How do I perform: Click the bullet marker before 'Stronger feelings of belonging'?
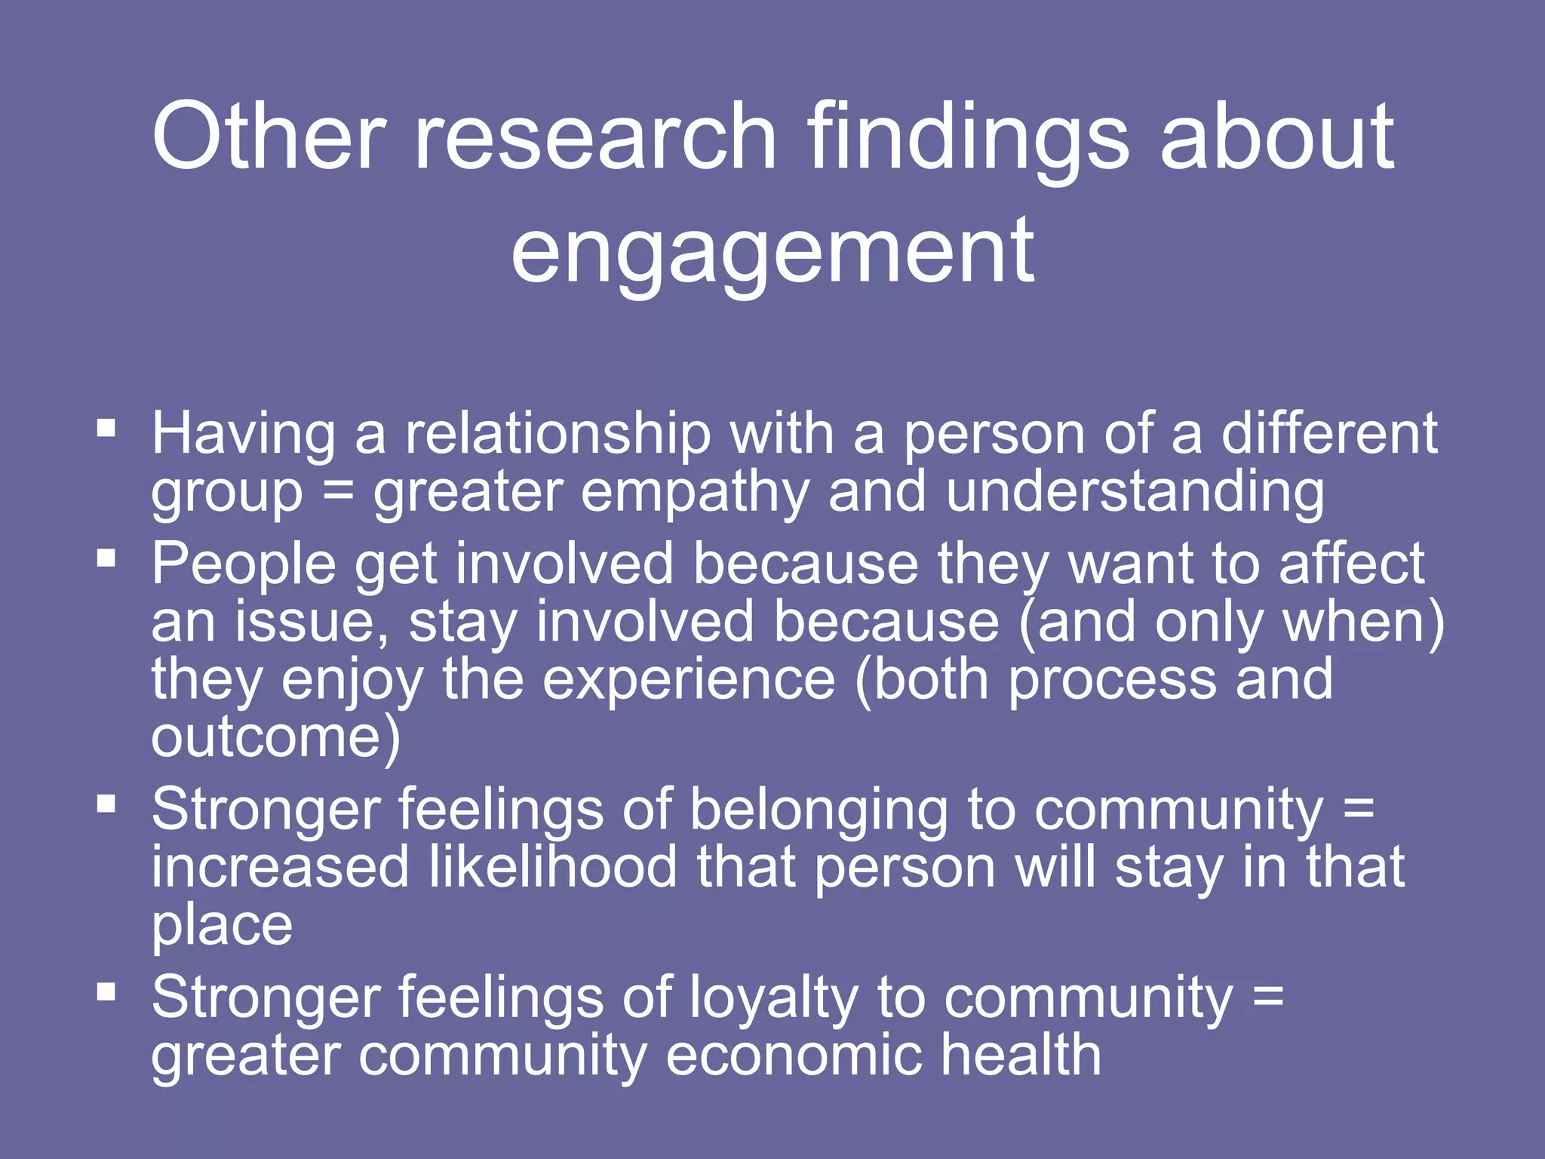(106, 804)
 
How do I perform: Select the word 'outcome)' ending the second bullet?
(276, 738)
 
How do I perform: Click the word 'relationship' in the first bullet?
(557, 435)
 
